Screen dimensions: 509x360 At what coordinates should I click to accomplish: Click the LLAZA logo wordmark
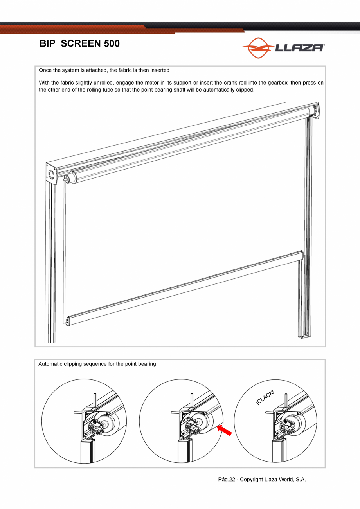[299, 48]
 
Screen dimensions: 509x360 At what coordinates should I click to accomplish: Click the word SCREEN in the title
[81, 43]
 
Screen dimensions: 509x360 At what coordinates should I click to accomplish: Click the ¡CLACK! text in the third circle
[265, 398]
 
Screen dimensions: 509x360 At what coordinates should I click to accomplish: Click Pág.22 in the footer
[227, 479]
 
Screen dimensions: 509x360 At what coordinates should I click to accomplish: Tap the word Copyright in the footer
[251, 479]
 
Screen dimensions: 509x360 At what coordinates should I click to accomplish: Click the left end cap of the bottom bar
[68, 321]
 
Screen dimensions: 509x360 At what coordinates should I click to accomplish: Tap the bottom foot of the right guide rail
[305, 336]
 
